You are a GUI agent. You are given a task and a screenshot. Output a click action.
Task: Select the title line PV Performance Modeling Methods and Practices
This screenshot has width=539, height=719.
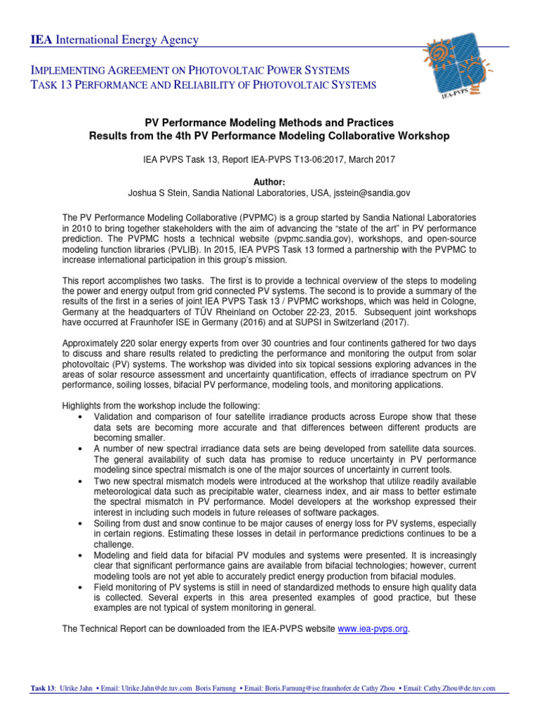coord(269,122)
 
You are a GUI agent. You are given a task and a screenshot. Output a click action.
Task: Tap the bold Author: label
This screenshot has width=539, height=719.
coord(269,180)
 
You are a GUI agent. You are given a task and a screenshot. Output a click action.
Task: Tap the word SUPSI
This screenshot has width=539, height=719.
coord(324,324)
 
